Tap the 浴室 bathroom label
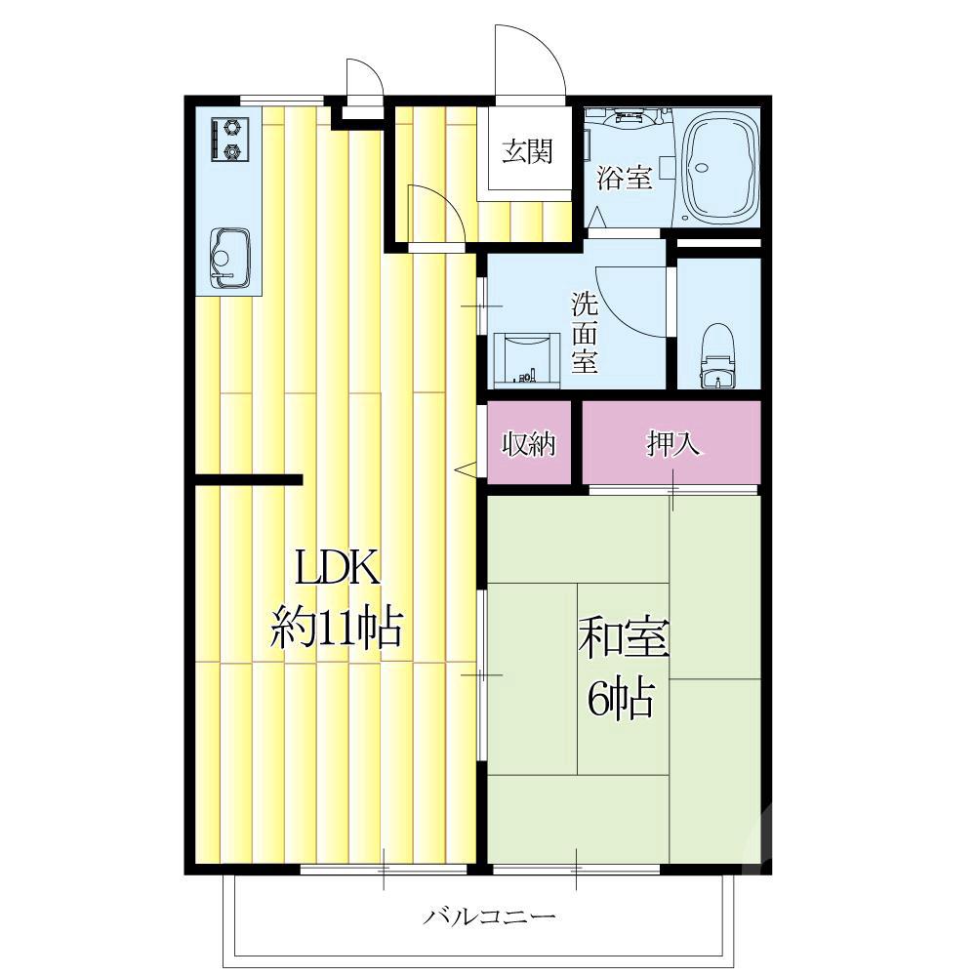(625, 178)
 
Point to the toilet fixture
(718, 356)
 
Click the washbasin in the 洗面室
(527, 359)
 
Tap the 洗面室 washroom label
(585, 333)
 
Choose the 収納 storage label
(528, 443)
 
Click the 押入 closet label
(672, 443)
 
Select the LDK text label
(338, 568)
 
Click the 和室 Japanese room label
(624, 638)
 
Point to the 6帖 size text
(621, 699)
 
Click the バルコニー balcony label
(489, 916)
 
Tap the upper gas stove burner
(232, 128)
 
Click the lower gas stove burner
(232, 151)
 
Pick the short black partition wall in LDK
(248, 479)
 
